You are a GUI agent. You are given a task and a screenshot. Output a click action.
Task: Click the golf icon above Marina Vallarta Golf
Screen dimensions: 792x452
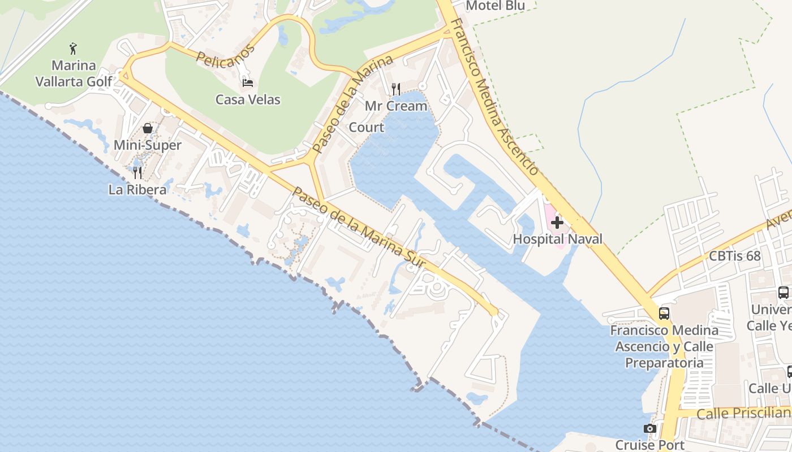click(x=74, y=48)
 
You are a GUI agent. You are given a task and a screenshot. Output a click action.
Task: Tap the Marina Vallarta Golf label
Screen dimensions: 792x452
click(x=74, y=73)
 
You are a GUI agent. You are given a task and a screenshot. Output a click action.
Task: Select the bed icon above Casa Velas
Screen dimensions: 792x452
click(x=248, y=82)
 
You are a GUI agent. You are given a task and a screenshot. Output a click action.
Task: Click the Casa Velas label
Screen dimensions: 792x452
click(x=248, y=100)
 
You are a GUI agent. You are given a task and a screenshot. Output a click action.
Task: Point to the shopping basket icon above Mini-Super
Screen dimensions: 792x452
click(x=148, y=128)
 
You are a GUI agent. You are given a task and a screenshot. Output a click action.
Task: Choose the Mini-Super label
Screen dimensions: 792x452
click(x=148, y=145)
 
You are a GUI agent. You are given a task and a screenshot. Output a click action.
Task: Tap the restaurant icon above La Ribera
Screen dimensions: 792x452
click(x=137, y=172)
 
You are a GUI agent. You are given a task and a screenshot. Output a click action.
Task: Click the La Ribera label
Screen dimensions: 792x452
click(x=137, y=190)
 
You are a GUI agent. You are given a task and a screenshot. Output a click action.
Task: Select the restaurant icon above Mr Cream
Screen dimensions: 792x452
click(x=396, y=89)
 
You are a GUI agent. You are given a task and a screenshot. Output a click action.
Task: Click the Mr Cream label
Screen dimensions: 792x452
click(x=396, y=106)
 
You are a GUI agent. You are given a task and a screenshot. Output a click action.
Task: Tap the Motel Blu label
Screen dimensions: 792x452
click(x=495, y=6)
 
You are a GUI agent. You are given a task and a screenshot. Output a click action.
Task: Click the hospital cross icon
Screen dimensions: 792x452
click(x=557, y=223)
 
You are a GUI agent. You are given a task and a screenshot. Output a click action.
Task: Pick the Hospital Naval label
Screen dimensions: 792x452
click(x=557, y=239)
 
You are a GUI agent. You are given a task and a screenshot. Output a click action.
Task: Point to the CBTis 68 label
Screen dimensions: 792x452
click(x=735, y=256)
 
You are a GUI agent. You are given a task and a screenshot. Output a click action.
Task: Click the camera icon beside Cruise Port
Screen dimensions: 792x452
click(x=650, y=429)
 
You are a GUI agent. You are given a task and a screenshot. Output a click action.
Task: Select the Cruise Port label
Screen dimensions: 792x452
click(x=650, y=445)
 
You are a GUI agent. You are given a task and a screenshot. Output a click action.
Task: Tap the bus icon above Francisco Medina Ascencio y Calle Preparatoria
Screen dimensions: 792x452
click(x=664, y=313)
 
